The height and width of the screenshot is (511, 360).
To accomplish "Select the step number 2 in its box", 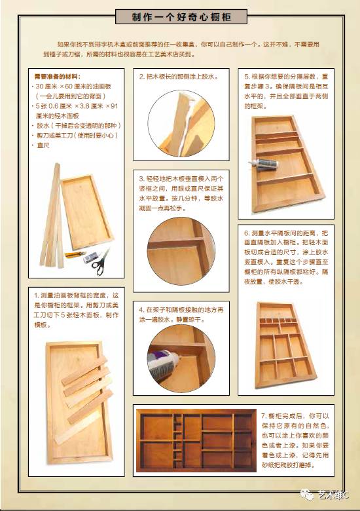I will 141,77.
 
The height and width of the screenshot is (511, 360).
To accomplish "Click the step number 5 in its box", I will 246,77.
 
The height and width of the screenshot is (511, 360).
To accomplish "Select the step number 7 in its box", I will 263,416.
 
